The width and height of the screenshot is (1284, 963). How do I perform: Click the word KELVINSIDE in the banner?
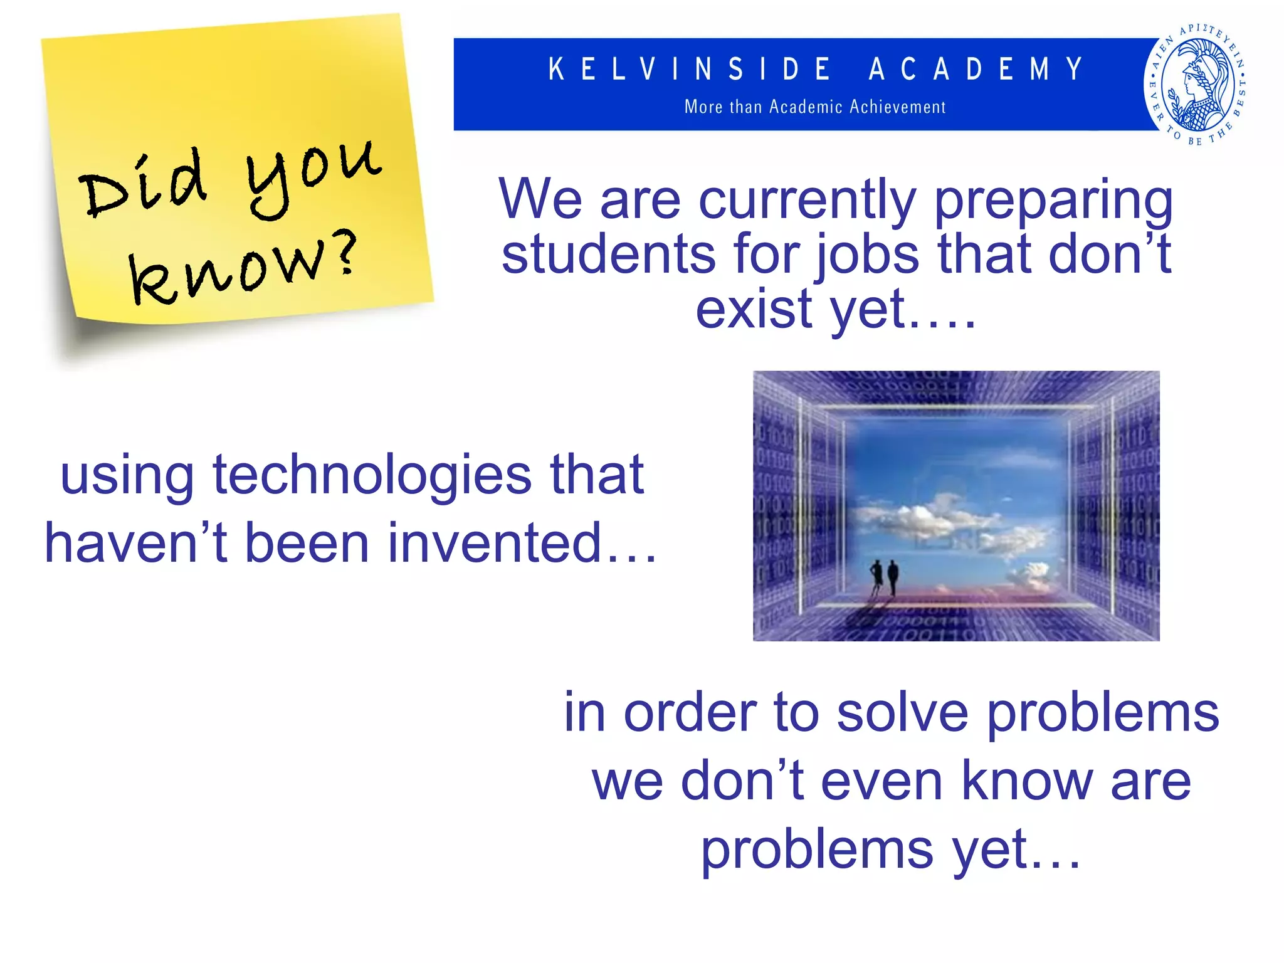(690, 69)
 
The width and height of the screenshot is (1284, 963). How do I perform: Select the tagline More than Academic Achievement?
(814, 107)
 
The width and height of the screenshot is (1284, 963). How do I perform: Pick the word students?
(608, 254)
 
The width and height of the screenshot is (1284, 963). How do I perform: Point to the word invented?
(495, 542)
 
